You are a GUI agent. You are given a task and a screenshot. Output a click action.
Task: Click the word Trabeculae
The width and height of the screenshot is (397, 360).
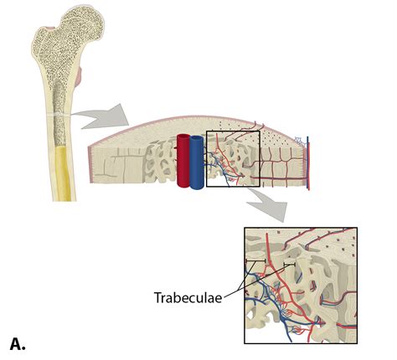(188, 298)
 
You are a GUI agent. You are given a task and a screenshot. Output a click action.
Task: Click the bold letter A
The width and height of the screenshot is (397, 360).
(18, 344)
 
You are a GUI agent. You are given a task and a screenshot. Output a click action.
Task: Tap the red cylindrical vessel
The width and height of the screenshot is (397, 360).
(183, 161)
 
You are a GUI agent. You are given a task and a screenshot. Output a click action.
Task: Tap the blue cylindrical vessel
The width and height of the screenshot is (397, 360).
(197, 162)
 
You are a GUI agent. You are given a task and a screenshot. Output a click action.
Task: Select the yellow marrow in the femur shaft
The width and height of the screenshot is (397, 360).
(63, 173)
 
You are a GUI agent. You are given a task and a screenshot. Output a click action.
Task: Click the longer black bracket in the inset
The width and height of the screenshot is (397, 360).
(255, 260)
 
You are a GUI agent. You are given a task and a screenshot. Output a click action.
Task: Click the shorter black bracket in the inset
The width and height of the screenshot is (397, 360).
(290, 264)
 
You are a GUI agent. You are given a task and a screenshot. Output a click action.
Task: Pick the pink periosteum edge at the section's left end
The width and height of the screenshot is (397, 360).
(90, 165)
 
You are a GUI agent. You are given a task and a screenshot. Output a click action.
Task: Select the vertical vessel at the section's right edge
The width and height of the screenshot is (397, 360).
(307, 163)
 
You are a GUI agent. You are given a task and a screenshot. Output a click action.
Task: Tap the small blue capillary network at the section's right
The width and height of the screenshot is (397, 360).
(301, 141)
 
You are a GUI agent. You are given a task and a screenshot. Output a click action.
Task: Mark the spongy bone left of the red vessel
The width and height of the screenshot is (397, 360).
(160, 162)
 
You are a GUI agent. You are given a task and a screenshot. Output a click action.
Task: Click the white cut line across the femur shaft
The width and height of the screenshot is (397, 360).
(59, 115)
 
